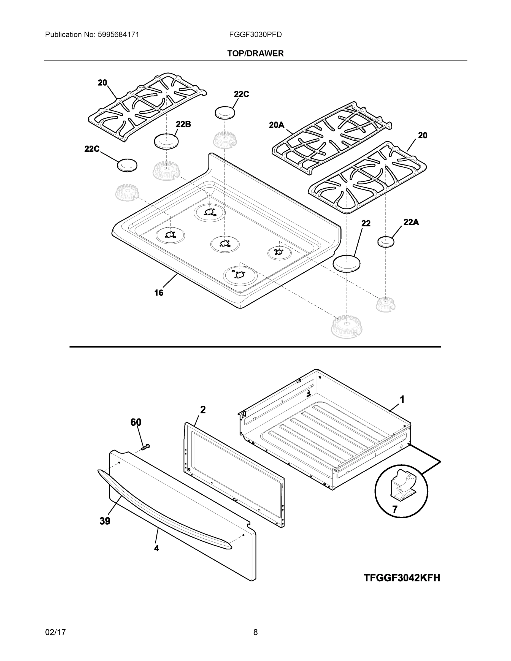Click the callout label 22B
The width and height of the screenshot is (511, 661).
[183, 124]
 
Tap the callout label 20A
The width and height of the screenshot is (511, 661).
[276, 125]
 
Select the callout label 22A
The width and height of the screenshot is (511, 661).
[411, 222]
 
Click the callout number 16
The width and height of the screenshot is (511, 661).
[159, 293]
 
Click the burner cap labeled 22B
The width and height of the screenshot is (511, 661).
[166, 141]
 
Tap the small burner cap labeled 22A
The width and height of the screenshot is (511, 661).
[386, 242]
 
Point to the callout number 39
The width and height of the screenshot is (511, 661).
[105, 521]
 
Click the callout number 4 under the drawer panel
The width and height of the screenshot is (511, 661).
[156, 548]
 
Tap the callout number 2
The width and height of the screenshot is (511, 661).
[203, 410]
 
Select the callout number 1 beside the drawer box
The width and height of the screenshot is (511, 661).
[402, 400]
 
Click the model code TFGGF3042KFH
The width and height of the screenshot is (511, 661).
[402, 578]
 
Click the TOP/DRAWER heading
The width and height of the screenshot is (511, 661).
[255, 54]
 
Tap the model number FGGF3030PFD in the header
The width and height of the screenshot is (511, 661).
[255, 35]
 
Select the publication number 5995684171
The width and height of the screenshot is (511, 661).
[118, 35]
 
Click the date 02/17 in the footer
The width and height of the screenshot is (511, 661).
[55, 632]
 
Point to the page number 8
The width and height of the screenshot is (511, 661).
[255, 632]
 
